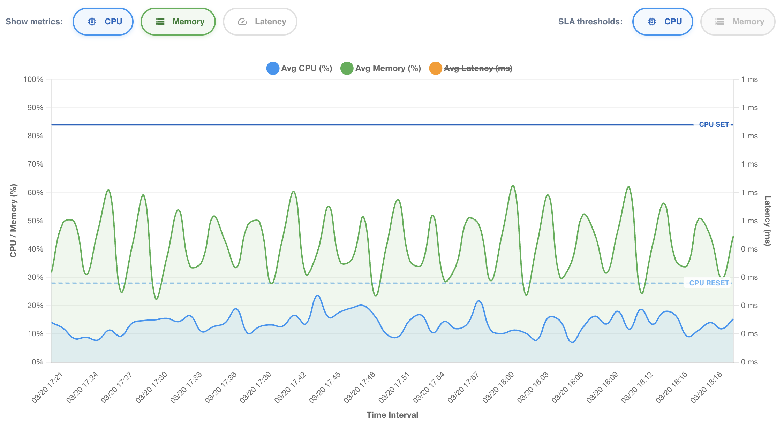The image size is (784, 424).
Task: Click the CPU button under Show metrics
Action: (x=103, y=22)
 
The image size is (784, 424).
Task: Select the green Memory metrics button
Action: (x=178, y=22)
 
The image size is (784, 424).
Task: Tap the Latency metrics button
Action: (x=260, y=22)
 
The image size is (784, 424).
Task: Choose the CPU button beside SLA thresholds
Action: (x=663, y=22)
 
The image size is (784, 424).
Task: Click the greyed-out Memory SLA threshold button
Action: (x=738, y=22)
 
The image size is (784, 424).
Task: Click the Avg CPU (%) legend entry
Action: (x=299, y=68)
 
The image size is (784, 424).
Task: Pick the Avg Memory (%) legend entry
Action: (x=381, y=68)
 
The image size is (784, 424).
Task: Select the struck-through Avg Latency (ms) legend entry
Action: (x=471, y=68)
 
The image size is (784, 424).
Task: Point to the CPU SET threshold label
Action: (x=714, y=124)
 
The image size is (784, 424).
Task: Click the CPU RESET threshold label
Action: (x=709, y=283)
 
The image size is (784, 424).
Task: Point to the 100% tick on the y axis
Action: (x=33, y=79)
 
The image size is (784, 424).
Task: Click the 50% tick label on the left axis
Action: (x=36, y=221)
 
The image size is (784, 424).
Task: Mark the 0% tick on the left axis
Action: (x=38, y=362)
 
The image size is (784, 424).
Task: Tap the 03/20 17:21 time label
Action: (x=47, y=387)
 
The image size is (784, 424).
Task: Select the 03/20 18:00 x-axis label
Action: (x=498, y=387)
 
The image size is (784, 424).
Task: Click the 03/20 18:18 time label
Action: (x=706, y=387)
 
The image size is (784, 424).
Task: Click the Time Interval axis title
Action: (x=392, y=415)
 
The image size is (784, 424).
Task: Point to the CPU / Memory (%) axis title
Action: (x=13, y=221)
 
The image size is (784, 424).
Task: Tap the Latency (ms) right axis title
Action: (x=768, y=221)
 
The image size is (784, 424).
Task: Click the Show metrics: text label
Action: (x=34, y=22)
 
